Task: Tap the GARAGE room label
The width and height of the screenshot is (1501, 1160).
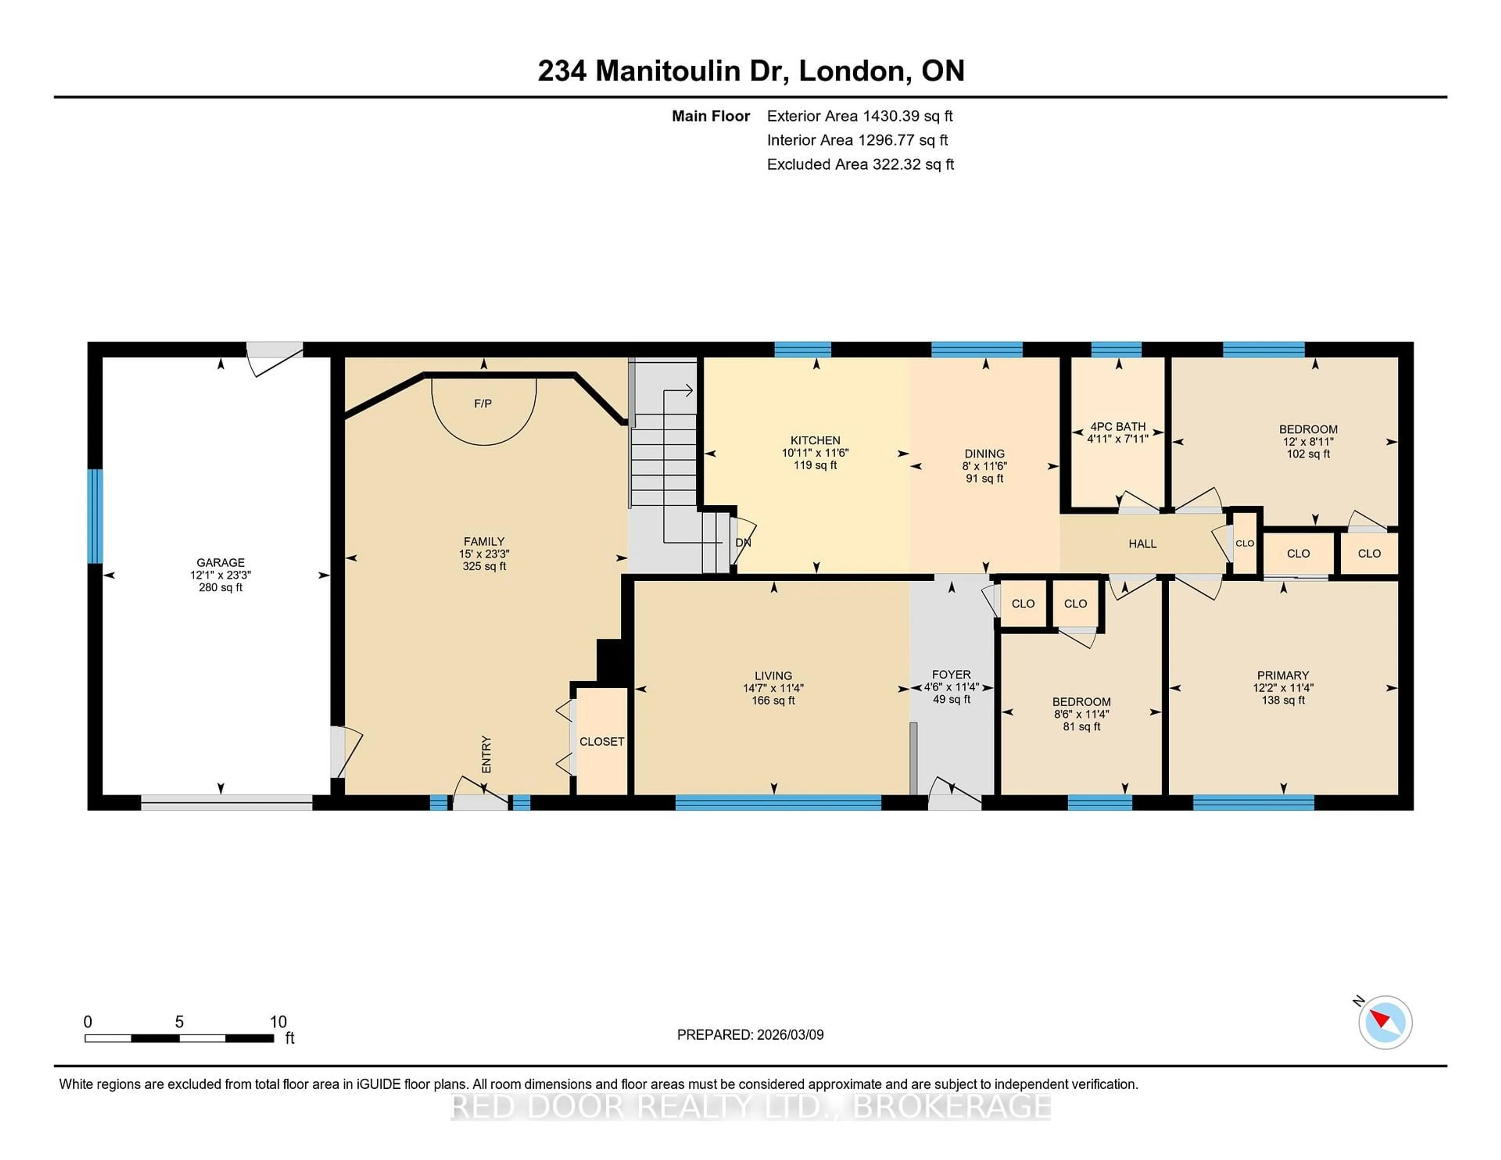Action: (220, 562)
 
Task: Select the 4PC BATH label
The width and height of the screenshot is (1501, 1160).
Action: (1118, 426)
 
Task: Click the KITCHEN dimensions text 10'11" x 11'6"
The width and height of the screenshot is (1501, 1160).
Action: (815, 453)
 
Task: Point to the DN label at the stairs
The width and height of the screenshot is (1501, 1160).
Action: (743, 542)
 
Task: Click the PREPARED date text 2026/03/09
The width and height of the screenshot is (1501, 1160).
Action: (789, 1034)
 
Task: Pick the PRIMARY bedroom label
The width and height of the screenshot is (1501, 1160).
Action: (1282, 675)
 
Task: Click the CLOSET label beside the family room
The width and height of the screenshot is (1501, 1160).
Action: (601, 741)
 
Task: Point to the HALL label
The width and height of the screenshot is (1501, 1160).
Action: (1142, 544)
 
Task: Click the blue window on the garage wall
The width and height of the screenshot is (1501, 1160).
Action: (95, 516)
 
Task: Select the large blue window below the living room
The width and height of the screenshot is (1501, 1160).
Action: (778, 802)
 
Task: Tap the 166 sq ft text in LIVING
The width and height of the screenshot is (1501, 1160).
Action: (773, 700)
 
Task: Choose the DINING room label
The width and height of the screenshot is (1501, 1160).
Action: (984, 453)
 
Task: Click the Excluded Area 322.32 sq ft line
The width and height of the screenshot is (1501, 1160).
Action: (860, 164)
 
